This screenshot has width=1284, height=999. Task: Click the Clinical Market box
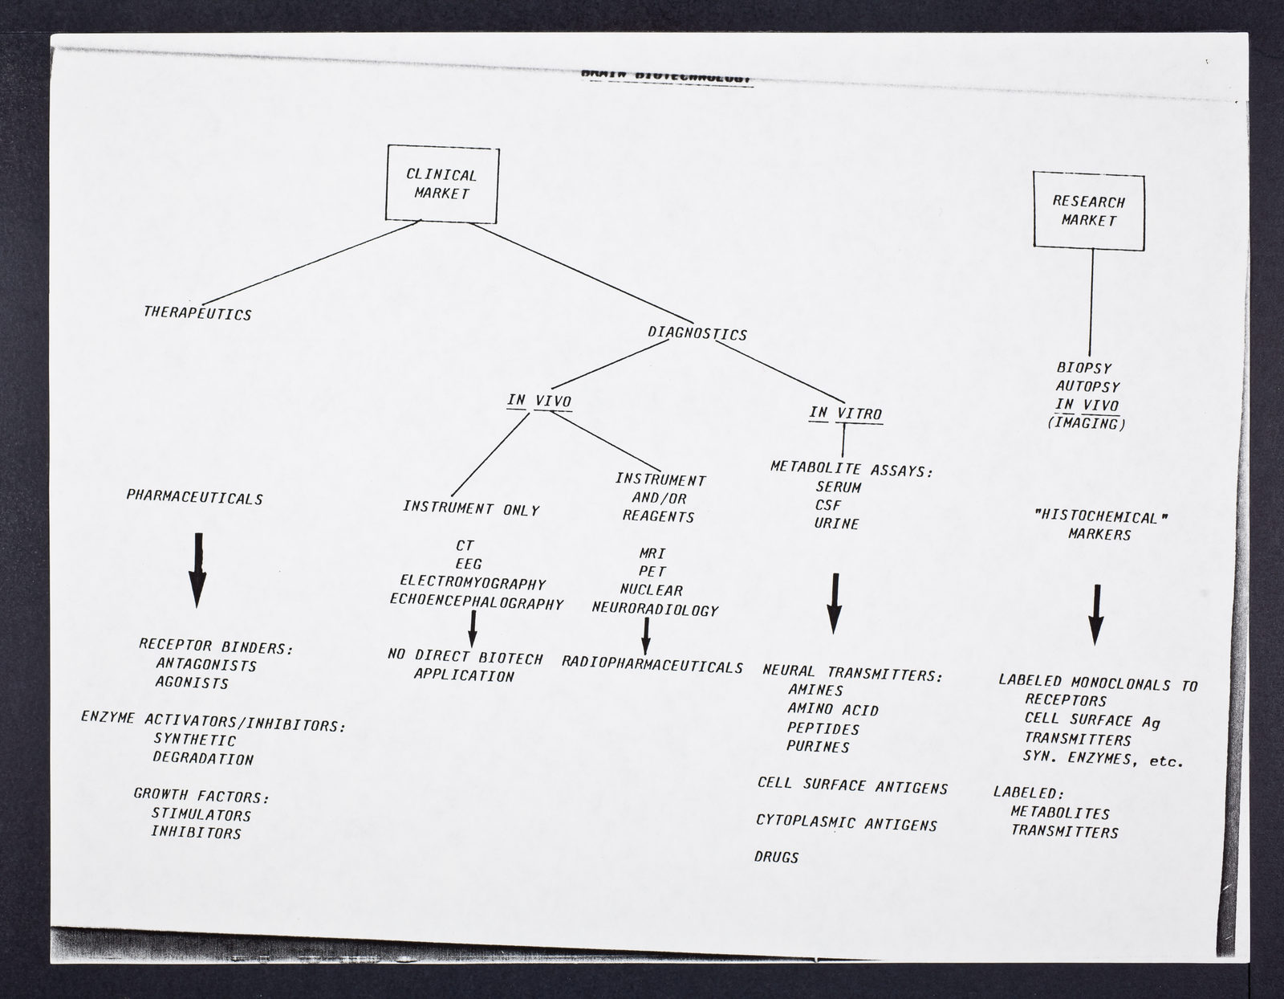[441, 184]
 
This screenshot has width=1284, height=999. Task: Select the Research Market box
[1088, 210]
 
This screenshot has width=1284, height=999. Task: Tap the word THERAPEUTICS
[197, 313]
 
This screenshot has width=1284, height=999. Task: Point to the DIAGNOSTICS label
[697, 333]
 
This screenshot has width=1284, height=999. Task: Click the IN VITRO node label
[845, 414]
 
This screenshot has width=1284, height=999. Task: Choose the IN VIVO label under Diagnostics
[539, 401]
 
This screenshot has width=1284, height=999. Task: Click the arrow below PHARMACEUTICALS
[197, 569]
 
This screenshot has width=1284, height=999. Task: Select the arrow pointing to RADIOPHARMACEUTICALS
[645, 635]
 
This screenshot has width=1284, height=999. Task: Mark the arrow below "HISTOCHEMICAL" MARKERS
[1096, 614]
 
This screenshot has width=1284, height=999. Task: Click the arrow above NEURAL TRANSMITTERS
[835, 603]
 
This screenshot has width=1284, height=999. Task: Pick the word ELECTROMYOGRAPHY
[473, 582]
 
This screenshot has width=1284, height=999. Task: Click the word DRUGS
[777, 857]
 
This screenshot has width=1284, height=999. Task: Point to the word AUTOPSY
[1087, 386]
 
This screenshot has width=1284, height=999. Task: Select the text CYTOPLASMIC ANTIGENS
[847, 822]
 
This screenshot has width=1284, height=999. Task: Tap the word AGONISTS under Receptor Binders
[192, 683]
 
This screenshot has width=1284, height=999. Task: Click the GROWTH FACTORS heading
[201, 795]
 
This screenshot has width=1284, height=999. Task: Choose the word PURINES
[818, 746]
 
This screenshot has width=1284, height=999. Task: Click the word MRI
[652, 553]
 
